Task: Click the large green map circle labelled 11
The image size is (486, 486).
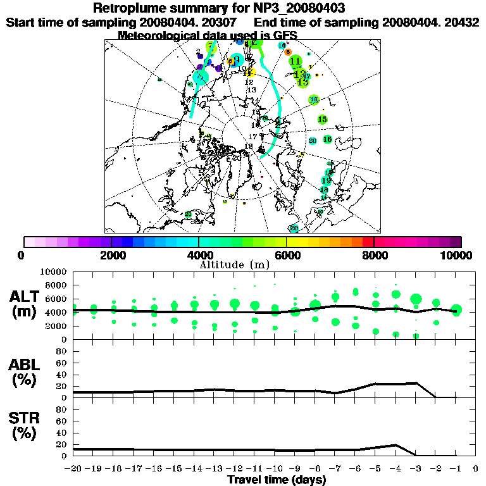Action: click(x=296, y=61)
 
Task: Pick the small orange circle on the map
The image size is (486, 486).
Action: click(x=288, y=52)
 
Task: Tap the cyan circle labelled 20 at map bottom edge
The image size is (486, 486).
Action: click(x=294, y=228)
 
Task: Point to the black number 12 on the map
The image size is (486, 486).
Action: click(x=249, y=82)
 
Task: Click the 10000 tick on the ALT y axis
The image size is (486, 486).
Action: click(x=56, y=271)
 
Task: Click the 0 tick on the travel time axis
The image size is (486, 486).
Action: click(x=475, y=469)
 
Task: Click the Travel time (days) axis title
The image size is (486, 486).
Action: click(x=277, y=480)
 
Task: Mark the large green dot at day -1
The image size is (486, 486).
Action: click(x=456, y=310)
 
